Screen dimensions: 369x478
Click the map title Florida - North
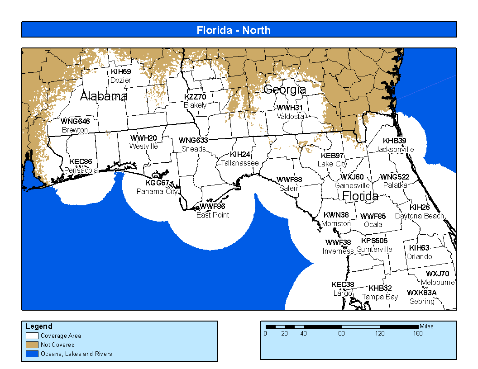234,30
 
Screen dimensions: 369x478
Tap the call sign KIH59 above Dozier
121,71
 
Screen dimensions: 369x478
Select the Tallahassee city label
240,163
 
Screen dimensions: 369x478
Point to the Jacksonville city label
395,149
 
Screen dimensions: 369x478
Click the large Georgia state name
285,90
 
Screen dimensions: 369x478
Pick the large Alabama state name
104,96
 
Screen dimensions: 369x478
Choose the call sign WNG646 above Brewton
75,121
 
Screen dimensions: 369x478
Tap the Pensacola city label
81,170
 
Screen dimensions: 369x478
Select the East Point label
213,215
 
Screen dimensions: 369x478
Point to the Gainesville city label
352,185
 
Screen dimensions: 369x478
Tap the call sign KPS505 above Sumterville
374,241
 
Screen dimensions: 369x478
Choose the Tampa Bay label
380,297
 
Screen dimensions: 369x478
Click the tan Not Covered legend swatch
32,345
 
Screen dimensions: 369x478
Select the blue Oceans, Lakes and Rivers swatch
32,354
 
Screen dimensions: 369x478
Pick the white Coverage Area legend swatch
32,336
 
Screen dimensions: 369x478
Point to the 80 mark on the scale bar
341,334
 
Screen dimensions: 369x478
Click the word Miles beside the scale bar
426,326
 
